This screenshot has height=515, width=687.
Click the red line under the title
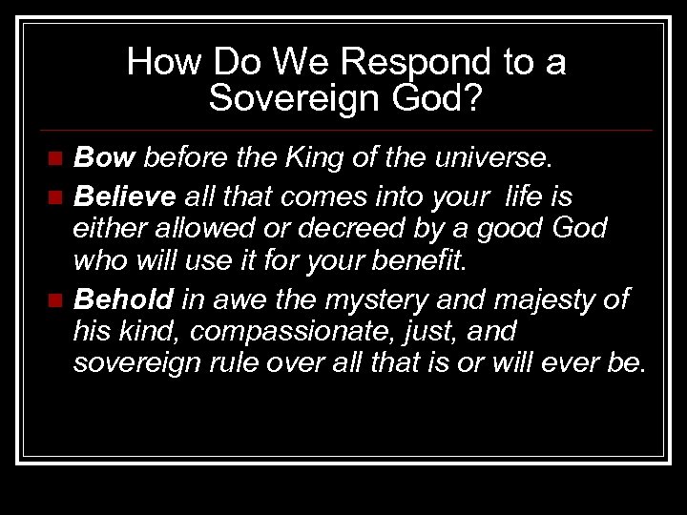tap(343, 130)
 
